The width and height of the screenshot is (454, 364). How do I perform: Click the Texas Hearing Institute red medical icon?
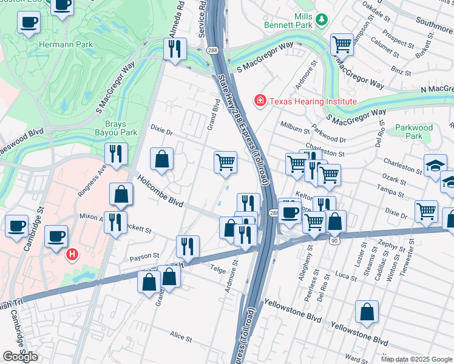tap(260, 100)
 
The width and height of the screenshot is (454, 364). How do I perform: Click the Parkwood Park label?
tap(413, 132)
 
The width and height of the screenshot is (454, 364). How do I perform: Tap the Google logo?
tap(20, 357)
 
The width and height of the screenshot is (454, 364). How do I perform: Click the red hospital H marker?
tap(73, 253)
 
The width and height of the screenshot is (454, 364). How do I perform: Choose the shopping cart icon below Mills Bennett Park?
tap(342, 44)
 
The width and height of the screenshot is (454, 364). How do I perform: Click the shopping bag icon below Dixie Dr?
tap(161, 160)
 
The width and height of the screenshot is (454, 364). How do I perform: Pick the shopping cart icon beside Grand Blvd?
tap(225, 162)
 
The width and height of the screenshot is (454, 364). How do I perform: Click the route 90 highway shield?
tap(334, 241)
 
